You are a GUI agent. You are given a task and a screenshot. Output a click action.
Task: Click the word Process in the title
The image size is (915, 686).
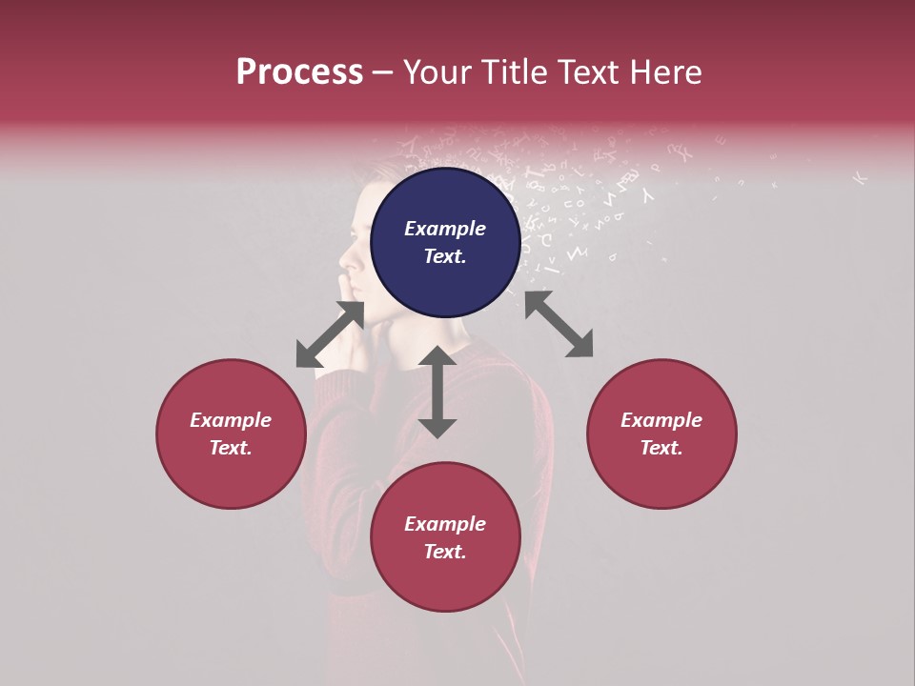[299, 72]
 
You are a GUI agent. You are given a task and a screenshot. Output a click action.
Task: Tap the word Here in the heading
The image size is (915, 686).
[663, 72]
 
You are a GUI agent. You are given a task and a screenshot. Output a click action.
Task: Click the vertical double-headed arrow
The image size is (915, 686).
[437, 392]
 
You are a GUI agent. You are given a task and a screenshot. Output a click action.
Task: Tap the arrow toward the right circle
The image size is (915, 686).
[559, 324]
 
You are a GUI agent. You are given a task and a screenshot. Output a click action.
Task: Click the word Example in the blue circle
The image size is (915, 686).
[445, 229]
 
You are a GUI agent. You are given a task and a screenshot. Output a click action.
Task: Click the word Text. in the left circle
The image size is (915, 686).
[231, 448]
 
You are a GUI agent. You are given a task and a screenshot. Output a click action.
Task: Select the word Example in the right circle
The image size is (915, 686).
[661, 420]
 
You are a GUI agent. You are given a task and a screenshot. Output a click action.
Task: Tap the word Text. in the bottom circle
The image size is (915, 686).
[445, 552]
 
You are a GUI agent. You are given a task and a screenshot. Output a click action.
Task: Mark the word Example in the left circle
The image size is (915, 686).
[231, 420]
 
